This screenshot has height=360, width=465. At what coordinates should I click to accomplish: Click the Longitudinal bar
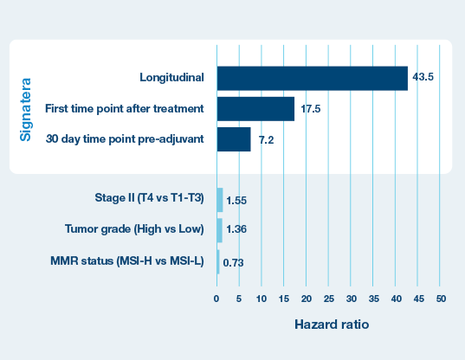(313, 78)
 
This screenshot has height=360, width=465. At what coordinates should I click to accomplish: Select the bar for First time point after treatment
(255, 109)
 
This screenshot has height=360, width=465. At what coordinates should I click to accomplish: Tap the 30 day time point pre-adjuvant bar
(234, 139)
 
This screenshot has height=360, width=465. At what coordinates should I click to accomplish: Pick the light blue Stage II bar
(220, 200)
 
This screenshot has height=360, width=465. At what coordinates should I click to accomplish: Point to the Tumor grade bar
(219, 230)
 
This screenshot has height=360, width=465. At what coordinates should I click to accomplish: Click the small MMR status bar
(218, 262)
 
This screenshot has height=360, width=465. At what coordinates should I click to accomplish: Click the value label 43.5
(423, 77)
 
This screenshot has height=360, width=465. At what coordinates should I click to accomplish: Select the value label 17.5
(311, 109)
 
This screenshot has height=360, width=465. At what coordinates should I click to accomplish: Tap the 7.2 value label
(266, 139)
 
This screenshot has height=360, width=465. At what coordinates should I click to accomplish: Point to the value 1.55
(236, 201)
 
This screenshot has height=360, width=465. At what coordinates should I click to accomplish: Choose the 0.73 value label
(233, 263)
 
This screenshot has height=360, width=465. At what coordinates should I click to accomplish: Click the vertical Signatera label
(25, 110)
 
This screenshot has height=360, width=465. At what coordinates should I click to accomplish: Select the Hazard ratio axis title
(332, 325)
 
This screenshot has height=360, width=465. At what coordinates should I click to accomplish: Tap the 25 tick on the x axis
(328, 299)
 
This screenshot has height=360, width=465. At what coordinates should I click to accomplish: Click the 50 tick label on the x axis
(441, 299)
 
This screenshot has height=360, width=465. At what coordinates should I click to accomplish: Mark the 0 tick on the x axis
(216, 299)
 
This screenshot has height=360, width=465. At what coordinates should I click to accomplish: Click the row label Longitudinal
(171, 77)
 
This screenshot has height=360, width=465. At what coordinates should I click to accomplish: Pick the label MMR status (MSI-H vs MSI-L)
(127, 261)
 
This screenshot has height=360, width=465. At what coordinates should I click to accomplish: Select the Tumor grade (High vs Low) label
(134, 229)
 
